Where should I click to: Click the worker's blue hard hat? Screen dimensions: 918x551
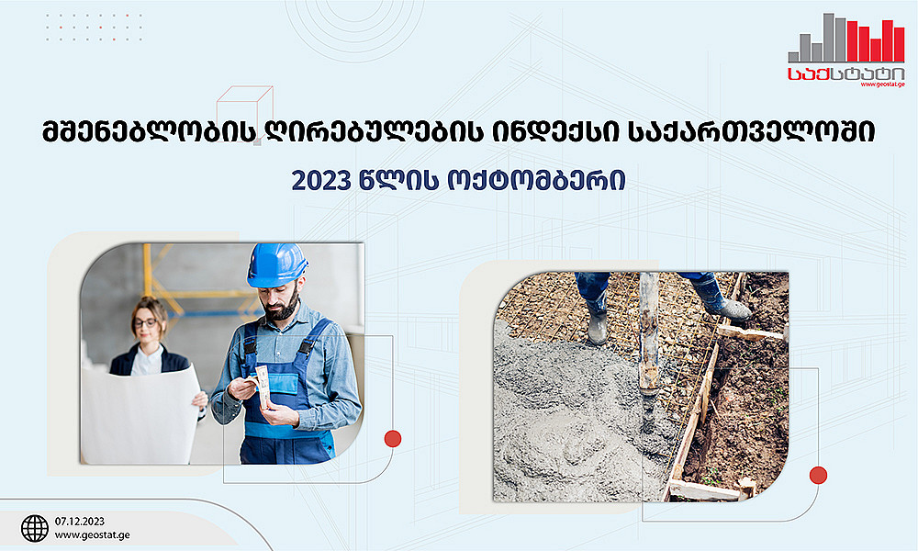coord(277,264)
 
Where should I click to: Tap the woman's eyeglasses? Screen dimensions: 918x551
coord(145,322)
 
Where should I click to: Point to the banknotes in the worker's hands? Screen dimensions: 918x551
coord(263,386)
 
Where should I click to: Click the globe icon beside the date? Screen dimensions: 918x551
coord(35,528)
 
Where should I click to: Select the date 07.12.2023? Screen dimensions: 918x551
coord(80,521)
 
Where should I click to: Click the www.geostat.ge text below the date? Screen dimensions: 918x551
coord(93,535)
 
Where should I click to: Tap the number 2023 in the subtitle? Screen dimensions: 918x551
coord(320,181)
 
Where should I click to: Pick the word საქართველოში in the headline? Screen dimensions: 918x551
coord(751,132)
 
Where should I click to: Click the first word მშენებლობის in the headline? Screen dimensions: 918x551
coord(149,132)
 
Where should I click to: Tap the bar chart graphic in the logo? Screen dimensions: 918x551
coord(846,38)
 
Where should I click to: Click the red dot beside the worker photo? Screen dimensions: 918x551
coord(392,439)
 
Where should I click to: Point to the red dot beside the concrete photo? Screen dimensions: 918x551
coord(818,476)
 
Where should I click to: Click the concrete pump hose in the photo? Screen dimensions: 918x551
coord(649,345)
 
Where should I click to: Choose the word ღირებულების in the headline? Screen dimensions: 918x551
coord(375,132)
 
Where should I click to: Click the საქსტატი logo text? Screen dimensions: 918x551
coord(846,73)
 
